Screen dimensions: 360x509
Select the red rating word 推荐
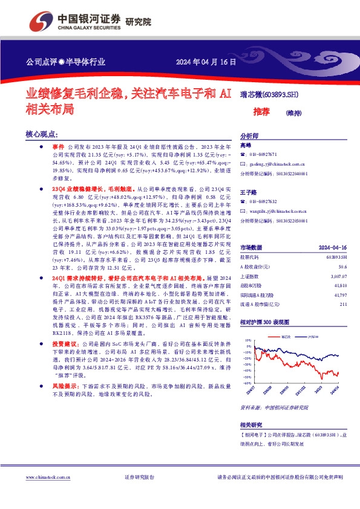point(261,112)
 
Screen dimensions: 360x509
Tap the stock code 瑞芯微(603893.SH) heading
point(267,94)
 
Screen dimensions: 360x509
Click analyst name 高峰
point(245,146)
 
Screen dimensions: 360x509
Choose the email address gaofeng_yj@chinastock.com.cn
point(277,164)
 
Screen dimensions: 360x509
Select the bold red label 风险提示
point(63,384)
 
